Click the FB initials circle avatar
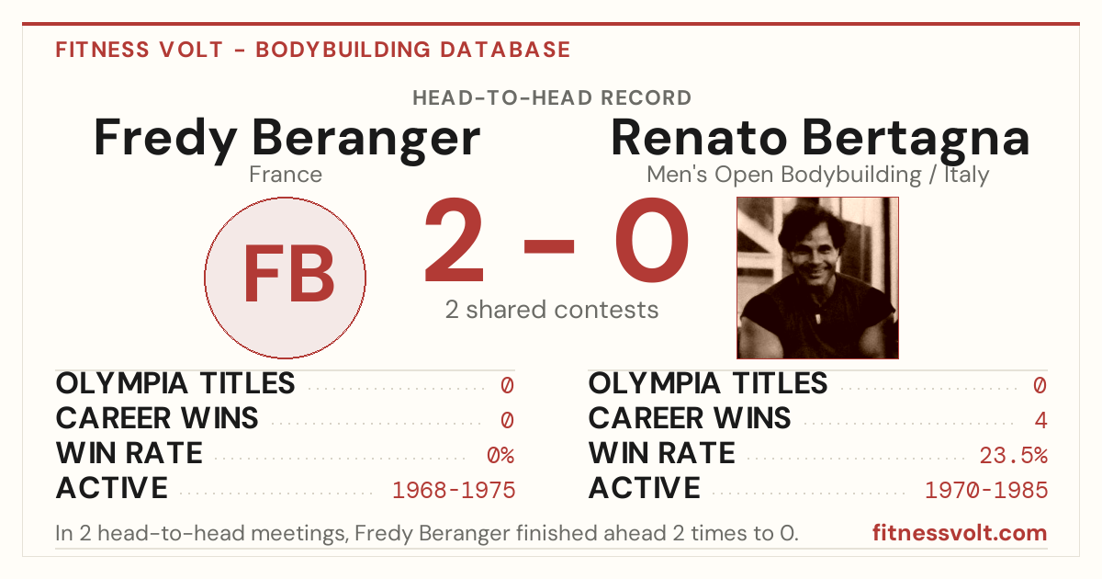[285, 278]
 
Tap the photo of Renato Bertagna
[817, 278]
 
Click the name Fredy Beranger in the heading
[287, 140]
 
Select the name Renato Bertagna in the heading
[820, 140]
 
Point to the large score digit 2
[454, 240]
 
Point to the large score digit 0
[652, 240]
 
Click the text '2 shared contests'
[552, 310]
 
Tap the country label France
[286, 175]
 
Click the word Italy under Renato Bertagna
[966, 176]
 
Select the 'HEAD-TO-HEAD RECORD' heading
[552, 98]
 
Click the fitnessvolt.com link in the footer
[960, 533]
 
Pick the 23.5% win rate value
[1014, 456]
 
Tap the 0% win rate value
[500, 456]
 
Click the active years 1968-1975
[454, 491]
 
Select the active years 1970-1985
[986, 491]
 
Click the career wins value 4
[1041, 421]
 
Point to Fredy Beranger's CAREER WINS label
[157, 418]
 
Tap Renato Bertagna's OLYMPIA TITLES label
[708, 383]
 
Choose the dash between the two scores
[549, 246]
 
